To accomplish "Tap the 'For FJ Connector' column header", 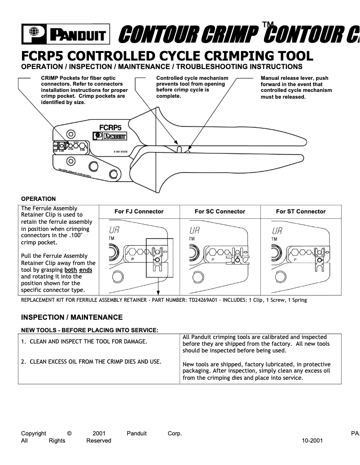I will pyautogui.click(x=139, y=212).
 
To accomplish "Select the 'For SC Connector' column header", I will pyautogui.click(x=220, y=212).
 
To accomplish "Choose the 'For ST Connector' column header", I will pyautogui.click(x=301, y=212).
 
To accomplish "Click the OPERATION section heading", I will pyautogui.click(x=39, y=199).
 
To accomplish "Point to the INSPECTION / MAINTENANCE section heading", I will pyautogui.click(x=72, y=317).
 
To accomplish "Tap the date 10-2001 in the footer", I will pyautogui.click(x=312, y=441).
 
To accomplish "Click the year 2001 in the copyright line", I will pyautogui.click(x=99, y=434).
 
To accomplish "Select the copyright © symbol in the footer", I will pyautogui.click(x=69, y=434).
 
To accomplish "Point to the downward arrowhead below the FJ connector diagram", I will pyautogui.click(x=159, y=293).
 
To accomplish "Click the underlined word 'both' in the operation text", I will pyautogui.click(x=70, y=270).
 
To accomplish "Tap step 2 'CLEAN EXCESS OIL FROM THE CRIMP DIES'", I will pyautogui.click(x=92, y=361).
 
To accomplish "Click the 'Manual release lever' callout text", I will pyautogui.click(x=294, y=78).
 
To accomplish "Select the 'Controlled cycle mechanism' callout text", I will pyautogui.click(x=192, y=78).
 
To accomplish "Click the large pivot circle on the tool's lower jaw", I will pyautogui.click(x=93, y=167).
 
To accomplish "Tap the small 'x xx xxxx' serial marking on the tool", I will pyautogui.click(x=120, y=152).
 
